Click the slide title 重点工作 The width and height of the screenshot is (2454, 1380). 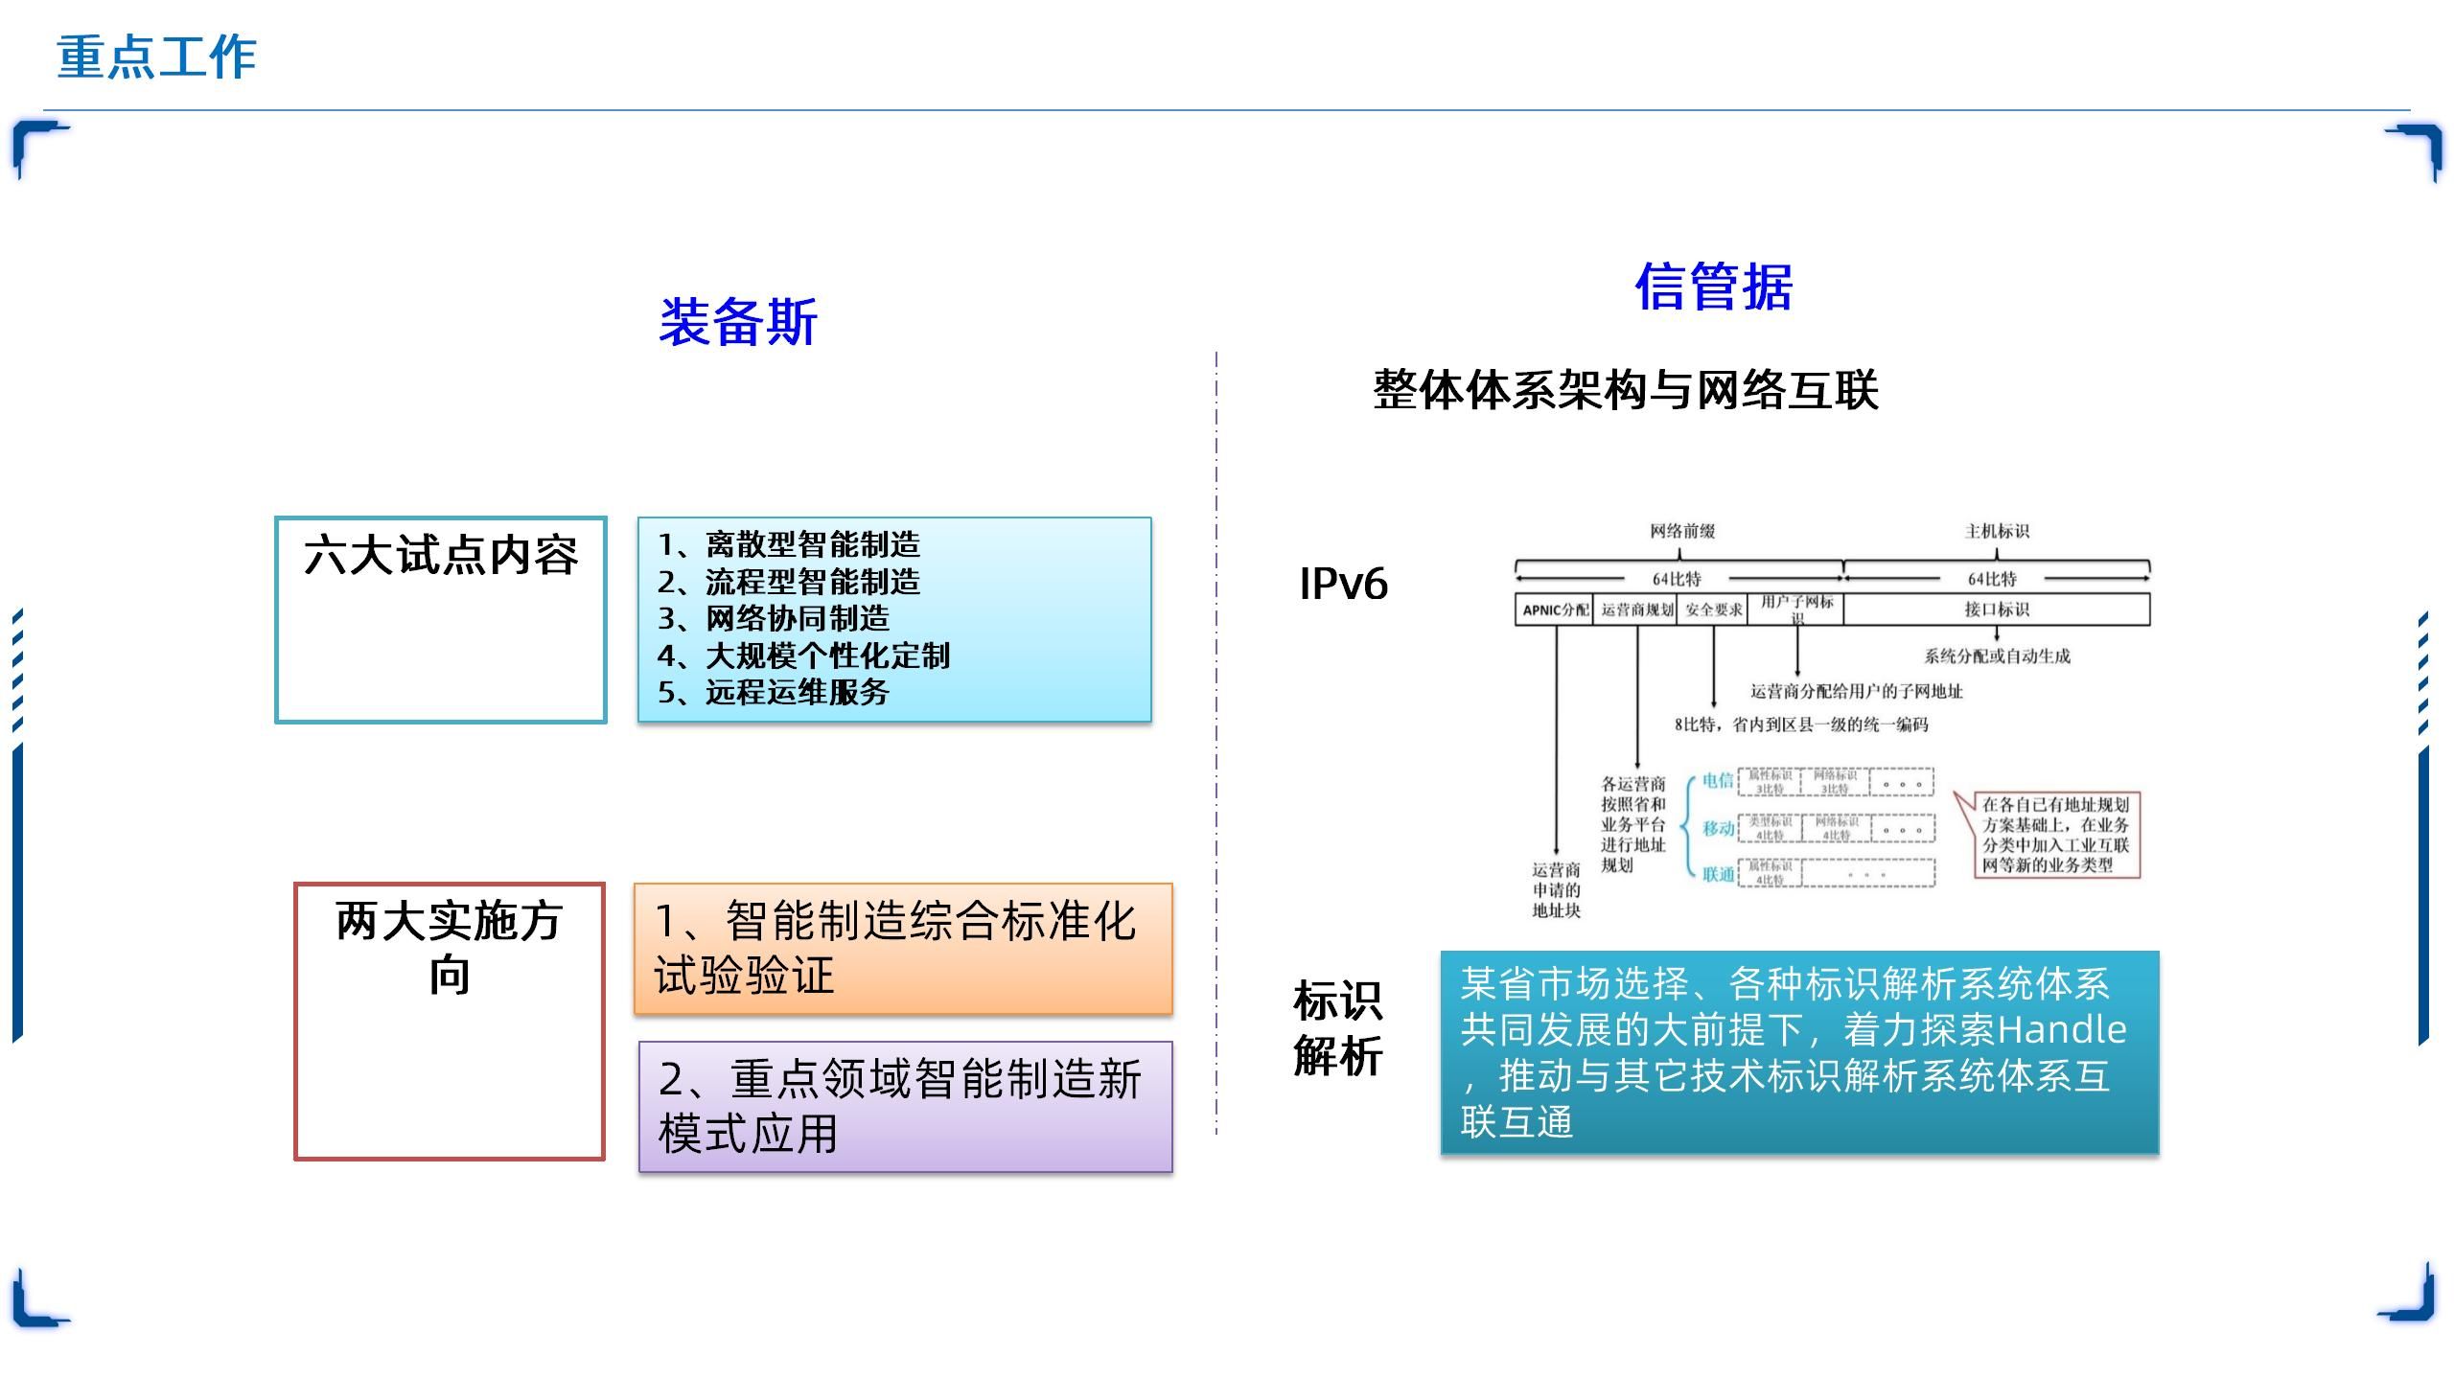[x=156, y=57]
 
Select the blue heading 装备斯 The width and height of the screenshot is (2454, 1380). [x=737, y=322]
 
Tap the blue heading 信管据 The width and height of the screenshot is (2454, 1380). [x=1713, y=287]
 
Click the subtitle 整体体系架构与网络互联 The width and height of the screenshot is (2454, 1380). [x=1625, y=390]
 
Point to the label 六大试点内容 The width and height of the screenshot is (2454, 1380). [x=441, y=556]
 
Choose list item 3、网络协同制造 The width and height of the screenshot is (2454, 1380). [x=774, y=619]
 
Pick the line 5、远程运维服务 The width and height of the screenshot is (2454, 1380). [x=774, y=692]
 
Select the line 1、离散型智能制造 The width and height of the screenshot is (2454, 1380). [x=789, y=545]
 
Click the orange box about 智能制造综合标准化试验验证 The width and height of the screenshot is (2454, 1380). [x=902, y=948]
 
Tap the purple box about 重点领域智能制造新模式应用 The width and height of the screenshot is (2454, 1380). [x=905, y=1106]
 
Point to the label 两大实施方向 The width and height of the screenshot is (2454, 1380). [x=449, y=948]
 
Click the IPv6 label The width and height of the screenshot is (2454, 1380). [x=1343, y=584]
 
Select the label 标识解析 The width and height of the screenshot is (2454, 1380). [x=1337, y=1028]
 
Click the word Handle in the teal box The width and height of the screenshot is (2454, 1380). [x=2062, y=1030]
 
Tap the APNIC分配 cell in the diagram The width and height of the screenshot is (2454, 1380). [x=1555, y=609]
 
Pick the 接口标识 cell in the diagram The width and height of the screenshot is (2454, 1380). [x=1997, y=609]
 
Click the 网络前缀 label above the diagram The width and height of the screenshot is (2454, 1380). [x=1682, y=531]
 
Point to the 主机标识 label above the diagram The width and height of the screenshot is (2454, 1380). [x=1997, y=531]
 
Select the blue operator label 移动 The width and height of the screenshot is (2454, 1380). [x=1718, y=828]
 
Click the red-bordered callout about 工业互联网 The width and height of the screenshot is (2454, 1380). [x=2055, y=835]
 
